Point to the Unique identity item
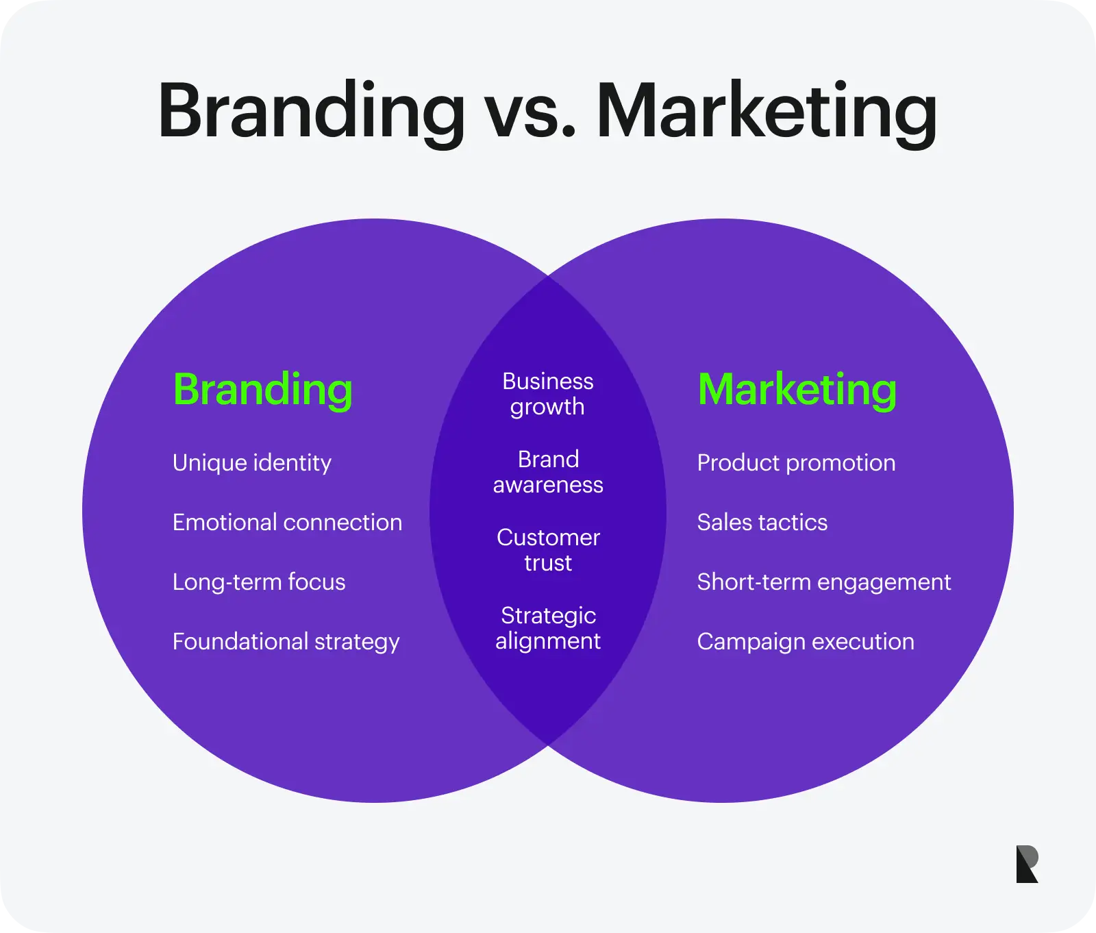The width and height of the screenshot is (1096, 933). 252,463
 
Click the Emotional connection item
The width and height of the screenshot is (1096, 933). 288,522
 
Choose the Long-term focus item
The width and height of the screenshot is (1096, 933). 260,582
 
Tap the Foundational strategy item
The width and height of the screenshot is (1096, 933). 286,642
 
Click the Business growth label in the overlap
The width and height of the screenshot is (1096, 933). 548,394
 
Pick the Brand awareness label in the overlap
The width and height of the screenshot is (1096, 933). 548,472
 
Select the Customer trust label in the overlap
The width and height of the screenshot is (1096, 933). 548,550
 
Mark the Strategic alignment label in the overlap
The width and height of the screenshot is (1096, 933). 548,628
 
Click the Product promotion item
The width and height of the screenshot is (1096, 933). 797,463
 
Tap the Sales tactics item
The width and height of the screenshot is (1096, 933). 762,522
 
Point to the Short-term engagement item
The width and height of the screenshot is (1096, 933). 825,582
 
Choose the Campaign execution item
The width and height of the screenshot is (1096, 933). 806,642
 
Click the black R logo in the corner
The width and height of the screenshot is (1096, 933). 1027,864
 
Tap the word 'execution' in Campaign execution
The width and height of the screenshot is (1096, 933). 863,642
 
